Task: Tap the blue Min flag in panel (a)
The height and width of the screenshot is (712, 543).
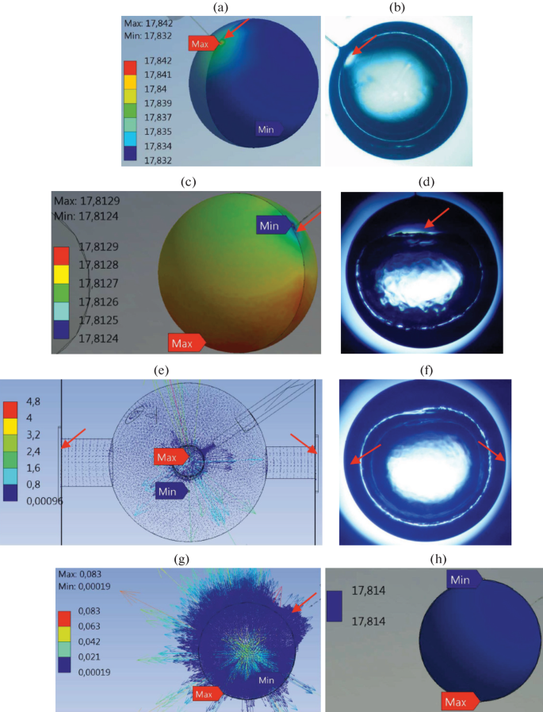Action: click(x=269, y=128)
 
